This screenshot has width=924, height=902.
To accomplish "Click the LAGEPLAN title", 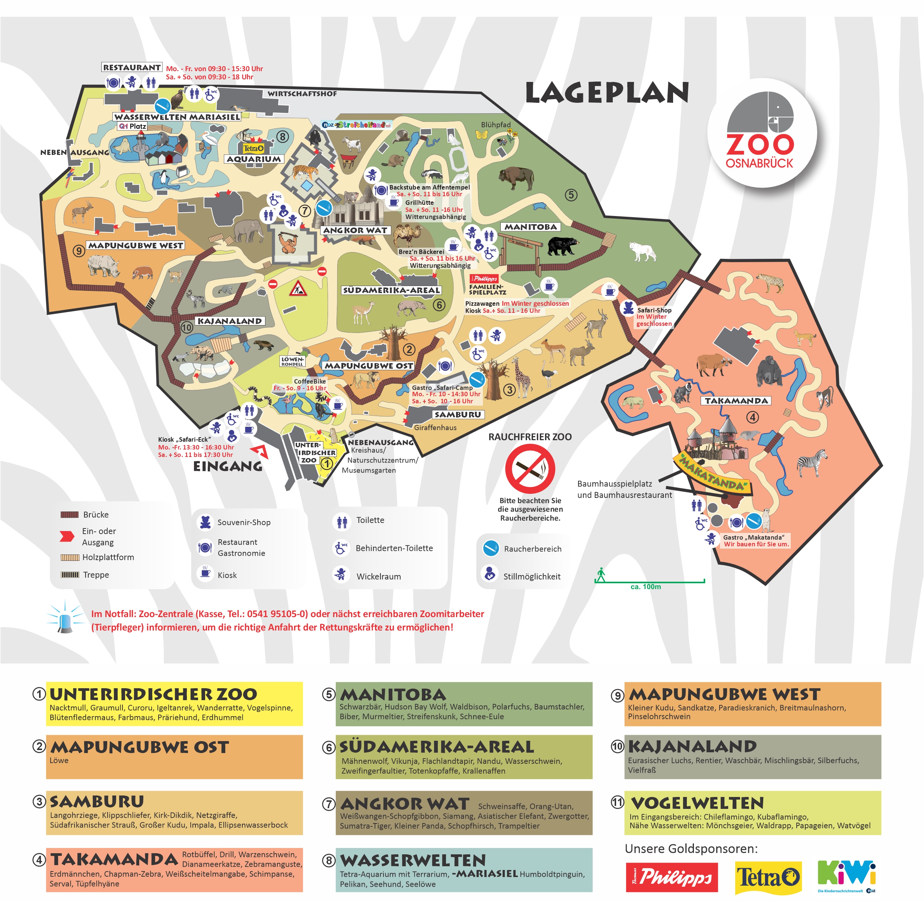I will (607, 93).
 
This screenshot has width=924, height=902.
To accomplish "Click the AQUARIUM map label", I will (254, 159).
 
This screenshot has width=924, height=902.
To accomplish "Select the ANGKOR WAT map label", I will (355, 230).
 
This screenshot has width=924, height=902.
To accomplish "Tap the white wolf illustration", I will (642, 251).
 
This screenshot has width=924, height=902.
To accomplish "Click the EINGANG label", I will (228, 466).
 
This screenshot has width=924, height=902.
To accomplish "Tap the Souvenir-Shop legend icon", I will (205, 522).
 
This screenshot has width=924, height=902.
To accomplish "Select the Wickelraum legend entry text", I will (378, 577).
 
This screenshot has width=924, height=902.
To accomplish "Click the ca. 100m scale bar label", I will (646, 587).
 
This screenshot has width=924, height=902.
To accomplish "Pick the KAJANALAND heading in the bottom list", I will (692, 747).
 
